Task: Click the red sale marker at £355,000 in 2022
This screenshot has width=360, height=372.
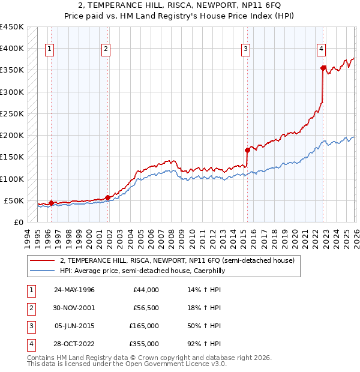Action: [323, 68]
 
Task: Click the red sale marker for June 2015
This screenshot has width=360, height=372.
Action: [247, 150]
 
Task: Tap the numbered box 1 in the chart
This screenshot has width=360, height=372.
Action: [49, 49]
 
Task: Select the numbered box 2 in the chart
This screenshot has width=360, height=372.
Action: [106, 49]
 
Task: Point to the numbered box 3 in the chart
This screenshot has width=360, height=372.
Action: [246, 49]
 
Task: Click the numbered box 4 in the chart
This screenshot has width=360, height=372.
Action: [322, 49]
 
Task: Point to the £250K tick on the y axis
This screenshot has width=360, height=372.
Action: [11, 113]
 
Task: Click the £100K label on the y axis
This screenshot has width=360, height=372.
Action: [11, 179]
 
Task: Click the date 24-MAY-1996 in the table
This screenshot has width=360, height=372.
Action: [74, 290]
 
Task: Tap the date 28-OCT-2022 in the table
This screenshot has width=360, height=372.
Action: [74, 344]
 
